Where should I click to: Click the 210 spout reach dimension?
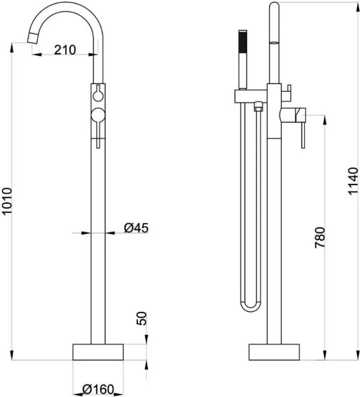pyautogui.click(x=65, y=50)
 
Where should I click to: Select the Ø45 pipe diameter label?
pyautogui.click(x=136, y=228)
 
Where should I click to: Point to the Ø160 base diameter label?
pyautogui.click(x=98, y=389)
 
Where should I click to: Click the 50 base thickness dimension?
pyautogui.click(x=141, y=318)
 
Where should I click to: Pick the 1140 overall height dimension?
pyautogui.click(x=353, y=181)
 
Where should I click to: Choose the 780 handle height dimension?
pyautogui.click(x=320, y=238)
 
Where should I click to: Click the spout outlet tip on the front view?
pyautogui.click(x=33, y=38)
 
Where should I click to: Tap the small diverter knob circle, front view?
pyautogui.click(x=98, y=96)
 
